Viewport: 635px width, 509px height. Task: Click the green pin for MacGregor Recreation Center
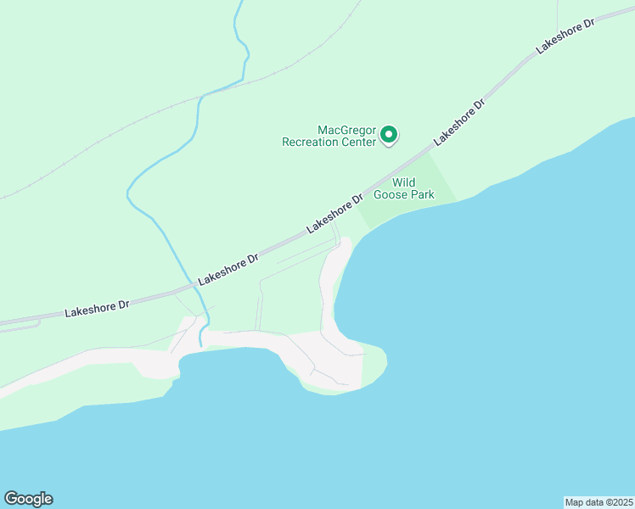click(x=389, y=134)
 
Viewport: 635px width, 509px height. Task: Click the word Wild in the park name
click(x=403, y=182)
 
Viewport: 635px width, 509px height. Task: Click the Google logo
click(x=28, y=499)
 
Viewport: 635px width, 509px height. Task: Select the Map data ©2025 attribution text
click(x=599, y=501)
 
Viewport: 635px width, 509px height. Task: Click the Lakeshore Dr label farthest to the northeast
click(x=567, y=35)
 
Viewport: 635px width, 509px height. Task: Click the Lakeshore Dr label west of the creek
click(x=97, y=308)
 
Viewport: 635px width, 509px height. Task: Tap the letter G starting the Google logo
click(x=11, y=499)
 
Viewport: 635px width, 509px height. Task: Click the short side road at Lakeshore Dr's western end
click(x=25, y=324)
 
